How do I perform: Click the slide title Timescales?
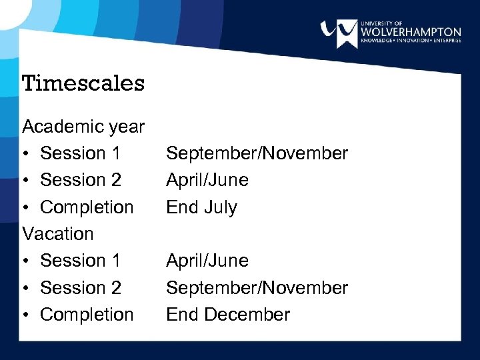coord(83,83)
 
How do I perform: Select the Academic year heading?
coord(83,126)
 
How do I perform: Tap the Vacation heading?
coord(58,234)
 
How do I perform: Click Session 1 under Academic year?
coord(80,153)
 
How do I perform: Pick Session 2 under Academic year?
coord(80,180)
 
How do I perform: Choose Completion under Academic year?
coord(87,207)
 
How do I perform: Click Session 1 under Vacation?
coord(80,261)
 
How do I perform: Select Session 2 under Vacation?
coord(80,288)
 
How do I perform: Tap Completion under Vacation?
coord(87,315)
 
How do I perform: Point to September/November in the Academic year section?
coord(257,153)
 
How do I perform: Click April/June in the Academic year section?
coord(207,180)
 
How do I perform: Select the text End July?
coord(201,207)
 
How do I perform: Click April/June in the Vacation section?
coord(207,261)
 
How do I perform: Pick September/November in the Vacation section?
coord(257,288)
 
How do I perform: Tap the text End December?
coord(228,315)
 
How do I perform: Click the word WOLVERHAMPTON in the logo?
coord(410,32)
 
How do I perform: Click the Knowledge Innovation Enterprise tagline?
coord(410,41)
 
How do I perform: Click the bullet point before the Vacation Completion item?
coord(27,315)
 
